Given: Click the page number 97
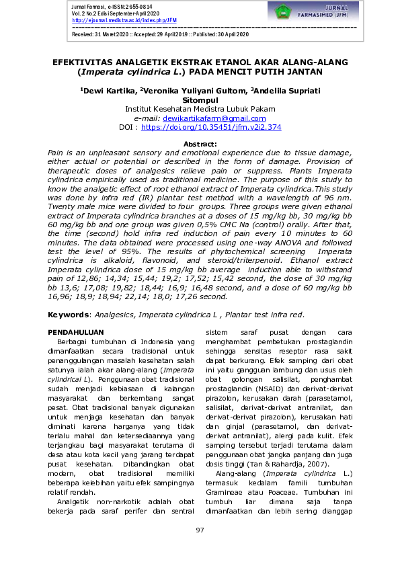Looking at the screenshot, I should tap(200, 531).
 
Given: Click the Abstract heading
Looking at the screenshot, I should tap(200, 145).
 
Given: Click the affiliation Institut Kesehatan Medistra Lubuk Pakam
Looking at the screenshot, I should tap(200, 109).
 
